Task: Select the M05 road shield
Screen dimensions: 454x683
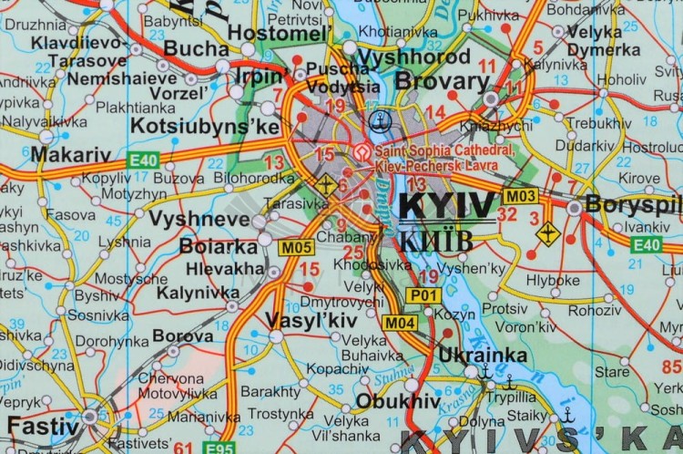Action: [298, 247]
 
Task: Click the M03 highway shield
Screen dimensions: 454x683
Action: [521, 196]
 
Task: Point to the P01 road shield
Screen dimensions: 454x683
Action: [423, 295]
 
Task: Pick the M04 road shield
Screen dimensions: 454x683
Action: [400, 322]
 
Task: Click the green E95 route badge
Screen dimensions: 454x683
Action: [219, 447]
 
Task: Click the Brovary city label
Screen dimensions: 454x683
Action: [442, 81]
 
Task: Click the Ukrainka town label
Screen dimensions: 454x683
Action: [483, 355]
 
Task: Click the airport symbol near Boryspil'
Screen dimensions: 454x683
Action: [547, 232]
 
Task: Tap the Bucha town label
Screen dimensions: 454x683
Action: [197, 47]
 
